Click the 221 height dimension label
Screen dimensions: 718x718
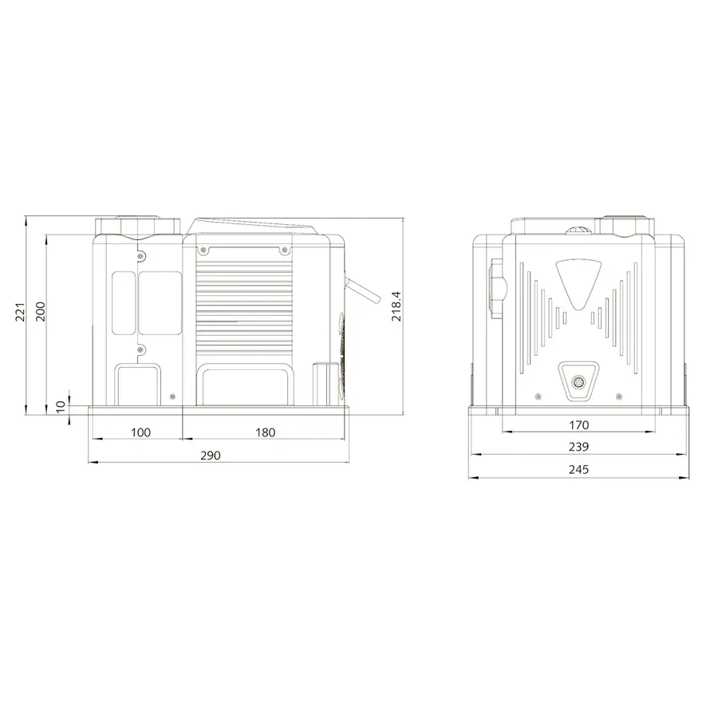pos(21,312)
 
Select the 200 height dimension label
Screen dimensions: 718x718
pos(41,311)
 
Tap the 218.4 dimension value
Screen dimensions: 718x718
pos(396,306)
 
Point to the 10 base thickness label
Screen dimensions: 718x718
pos(61,407)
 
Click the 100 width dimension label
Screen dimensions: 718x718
pos(140,432)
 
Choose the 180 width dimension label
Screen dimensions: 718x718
pos(265,432)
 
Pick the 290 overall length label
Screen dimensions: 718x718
pos(210,456)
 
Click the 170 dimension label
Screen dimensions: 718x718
pos(579,425)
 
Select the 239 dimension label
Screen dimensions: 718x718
pos(579,447)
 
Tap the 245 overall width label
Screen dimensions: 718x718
pos(579,469)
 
